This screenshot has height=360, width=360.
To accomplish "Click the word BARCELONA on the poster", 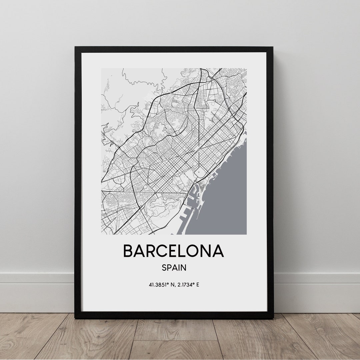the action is (x=173, y=251).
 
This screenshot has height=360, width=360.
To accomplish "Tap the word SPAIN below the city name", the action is (x=174, y=267).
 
